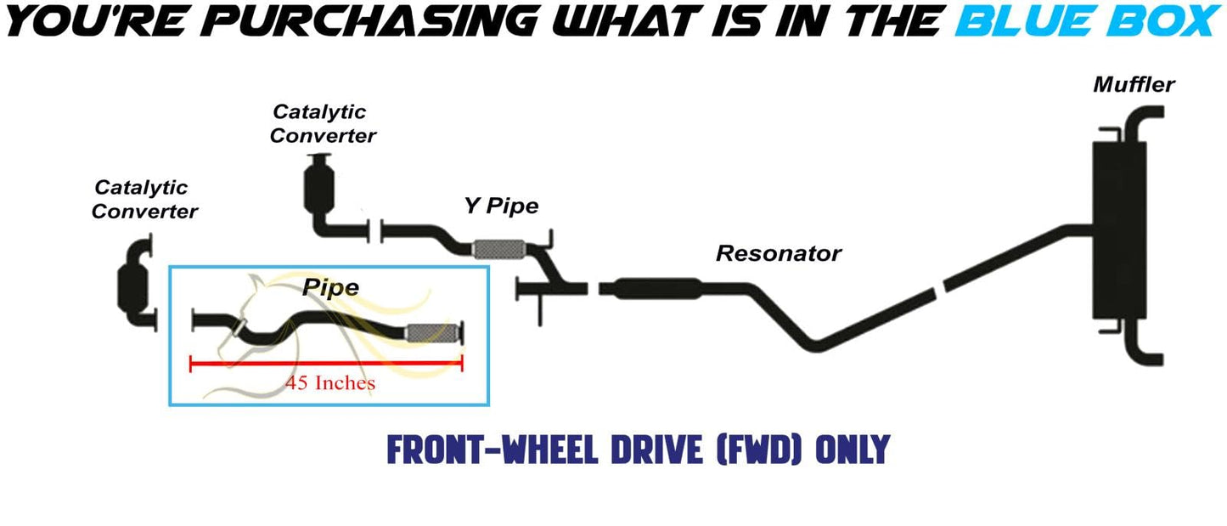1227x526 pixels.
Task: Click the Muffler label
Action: [x=1134, y=85]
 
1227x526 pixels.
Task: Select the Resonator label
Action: [x=778, y=253]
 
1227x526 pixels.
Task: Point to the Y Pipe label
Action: [x=501, y=206]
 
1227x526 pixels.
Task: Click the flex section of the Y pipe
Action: [x=498, y=249]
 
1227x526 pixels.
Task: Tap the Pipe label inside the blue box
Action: [x=330, y=288]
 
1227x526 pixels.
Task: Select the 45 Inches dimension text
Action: [x=330, y=383]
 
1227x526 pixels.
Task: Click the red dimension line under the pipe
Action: [x=326, y=364]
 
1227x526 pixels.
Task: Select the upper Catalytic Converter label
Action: [x=322, y=123]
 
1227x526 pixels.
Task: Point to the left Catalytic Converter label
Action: [x=144, y=199]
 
